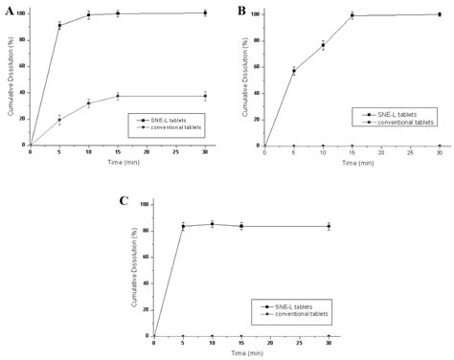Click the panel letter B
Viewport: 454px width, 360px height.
(241, 11)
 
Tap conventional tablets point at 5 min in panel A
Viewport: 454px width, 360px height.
(58, 120)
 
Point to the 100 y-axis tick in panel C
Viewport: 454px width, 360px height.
(143, 204)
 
